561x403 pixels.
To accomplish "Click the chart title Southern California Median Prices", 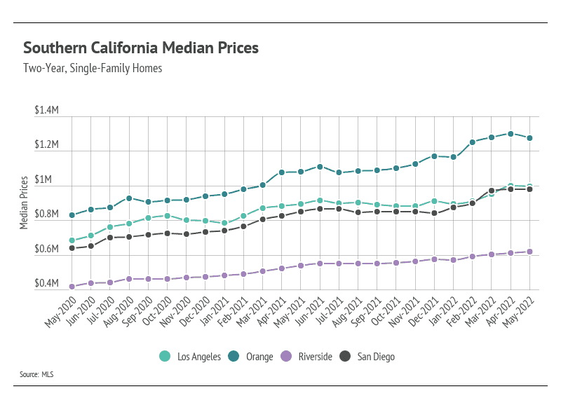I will [141, 48].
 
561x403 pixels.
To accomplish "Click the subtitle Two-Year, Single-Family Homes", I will [93, 69].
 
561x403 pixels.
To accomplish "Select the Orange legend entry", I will [250, 357].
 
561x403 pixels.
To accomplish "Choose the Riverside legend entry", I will [306, 357].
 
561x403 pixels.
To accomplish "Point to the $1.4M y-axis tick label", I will [46, 111].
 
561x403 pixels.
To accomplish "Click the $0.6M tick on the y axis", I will [46, 250].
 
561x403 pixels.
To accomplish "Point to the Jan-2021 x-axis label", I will [215, 308].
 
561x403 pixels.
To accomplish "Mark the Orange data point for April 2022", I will [511, 134].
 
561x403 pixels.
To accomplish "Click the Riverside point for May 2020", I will [72, 287].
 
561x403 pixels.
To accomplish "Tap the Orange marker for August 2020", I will [129, 198].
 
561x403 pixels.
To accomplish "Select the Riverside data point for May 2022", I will [529, 252].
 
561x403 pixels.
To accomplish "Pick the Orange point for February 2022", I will [473, 142].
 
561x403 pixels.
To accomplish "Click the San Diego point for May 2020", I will [72, 248].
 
